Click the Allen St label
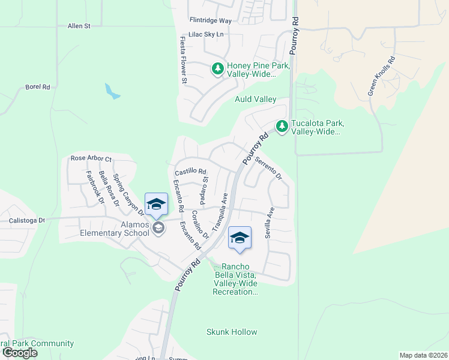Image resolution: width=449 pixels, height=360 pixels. (79, 26)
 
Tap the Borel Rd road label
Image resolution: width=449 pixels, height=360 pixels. (37, 87)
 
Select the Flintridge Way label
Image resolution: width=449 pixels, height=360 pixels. (210, 20)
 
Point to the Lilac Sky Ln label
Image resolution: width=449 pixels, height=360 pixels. (205, 35)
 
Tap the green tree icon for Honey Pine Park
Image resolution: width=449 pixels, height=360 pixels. (217, 70)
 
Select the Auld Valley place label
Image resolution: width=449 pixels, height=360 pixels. (255, 99)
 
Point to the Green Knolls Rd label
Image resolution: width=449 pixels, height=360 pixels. (382, 76)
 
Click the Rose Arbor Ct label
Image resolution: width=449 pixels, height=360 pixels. (91, 158)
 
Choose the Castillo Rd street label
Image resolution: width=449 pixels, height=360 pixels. (190, 172)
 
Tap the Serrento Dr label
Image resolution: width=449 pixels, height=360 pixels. (268, 169)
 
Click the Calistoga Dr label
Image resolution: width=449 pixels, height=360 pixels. (27, 220)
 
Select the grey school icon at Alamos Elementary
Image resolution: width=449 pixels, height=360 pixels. (158, 227)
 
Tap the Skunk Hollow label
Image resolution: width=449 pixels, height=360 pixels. (232, 332)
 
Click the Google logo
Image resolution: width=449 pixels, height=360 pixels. (19, 353)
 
